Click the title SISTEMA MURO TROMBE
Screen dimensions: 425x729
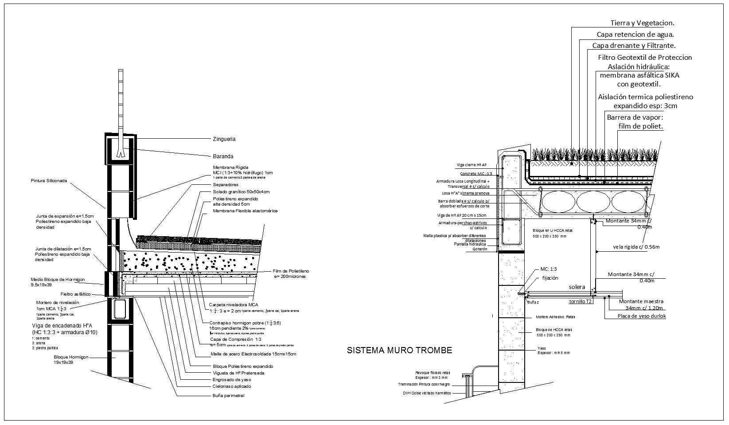(399, 351)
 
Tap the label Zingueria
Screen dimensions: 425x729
(224, 139)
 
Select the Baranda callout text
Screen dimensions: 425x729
(223, 156)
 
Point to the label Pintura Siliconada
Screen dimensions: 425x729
(49, 181)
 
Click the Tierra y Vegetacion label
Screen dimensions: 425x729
(642, 23)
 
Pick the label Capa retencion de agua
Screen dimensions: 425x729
(635, 34)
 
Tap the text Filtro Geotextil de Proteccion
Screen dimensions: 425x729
(645, 57)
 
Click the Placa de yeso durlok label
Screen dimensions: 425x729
(642, 316)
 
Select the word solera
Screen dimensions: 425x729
(577, 287)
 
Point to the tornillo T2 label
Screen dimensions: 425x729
(581, 301)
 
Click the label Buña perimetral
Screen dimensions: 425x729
(228, 395)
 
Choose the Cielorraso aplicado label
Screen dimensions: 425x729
(232, 386)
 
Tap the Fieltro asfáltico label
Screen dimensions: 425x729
(75, 294)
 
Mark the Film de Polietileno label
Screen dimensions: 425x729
(291, 271)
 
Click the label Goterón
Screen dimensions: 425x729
(480, 249)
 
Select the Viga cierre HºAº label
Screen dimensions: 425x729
(472, 165)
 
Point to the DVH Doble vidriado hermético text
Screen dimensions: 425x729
(427, 393)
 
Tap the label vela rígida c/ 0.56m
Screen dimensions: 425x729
(636, 247)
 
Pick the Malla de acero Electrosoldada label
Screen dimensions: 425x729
(253, 354)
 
